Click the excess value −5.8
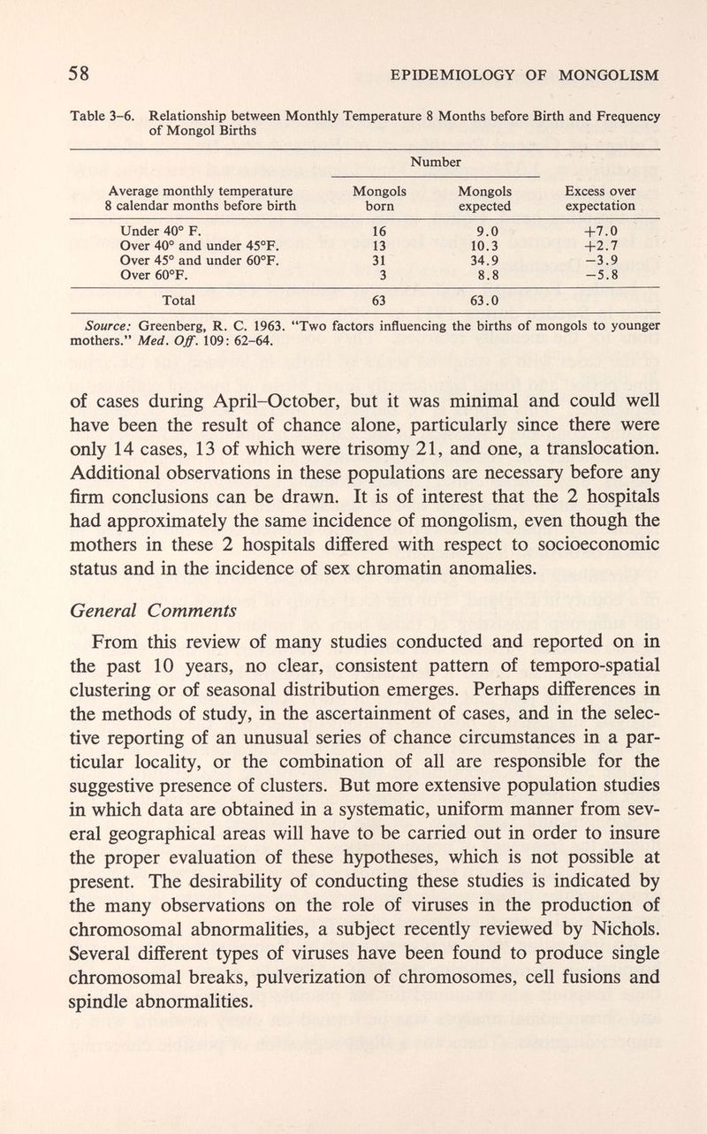605,275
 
